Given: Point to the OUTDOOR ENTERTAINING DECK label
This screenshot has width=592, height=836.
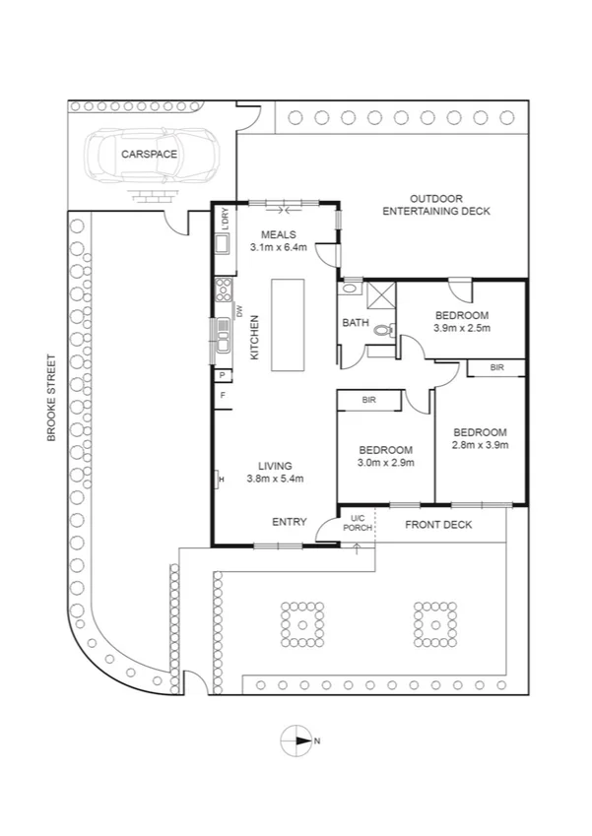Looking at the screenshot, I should (x=435, y=205).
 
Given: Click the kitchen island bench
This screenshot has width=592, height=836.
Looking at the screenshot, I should (x=290, y=324).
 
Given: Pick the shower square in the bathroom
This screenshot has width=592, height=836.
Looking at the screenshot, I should (x=379, y=292).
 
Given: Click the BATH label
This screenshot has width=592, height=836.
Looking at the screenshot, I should (x=355, y=323).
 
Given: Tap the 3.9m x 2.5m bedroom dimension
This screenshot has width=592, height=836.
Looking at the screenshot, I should (x=462, y=329).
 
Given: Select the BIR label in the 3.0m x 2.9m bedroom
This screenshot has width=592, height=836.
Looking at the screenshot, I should (x=369, y=401).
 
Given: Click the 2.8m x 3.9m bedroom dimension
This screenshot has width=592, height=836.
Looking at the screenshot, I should (x=480, y=446).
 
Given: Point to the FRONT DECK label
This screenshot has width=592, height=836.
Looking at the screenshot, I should (x=438, y=525).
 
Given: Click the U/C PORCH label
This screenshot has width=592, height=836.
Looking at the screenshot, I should (x=357, y=524).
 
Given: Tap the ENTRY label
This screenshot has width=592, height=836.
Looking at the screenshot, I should (x=290, y=522).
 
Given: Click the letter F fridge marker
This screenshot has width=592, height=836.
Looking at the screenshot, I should (x=224, y=395).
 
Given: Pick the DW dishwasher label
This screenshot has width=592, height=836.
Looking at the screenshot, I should (x=239, y=311).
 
